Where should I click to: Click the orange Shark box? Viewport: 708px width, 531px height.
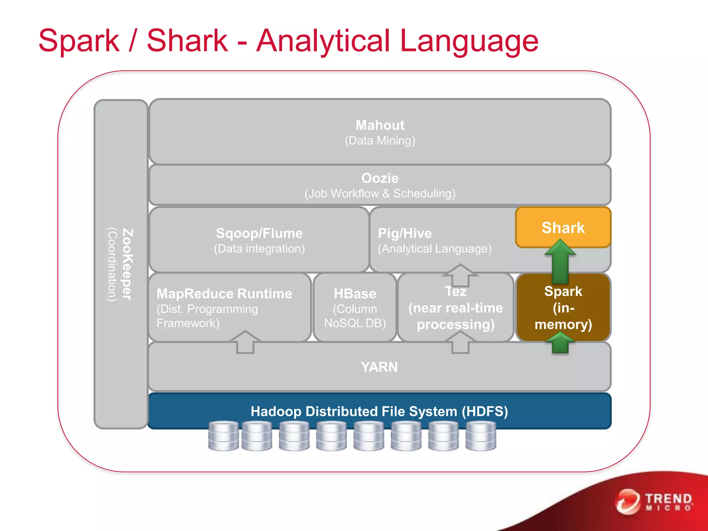(563, 227)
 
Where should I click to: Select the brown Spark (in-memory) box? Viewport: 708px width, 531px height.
(563, 308)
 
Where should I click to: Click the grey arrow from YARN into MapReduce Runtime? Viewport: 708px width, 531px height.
(245, 342)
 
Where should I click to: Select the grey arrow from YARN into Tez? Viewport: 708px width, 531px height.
(460, 342)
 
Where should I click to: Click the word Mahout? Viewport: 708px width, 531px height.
(380, 125)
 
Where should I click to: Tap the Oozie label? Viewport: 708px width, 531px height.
(380, 178)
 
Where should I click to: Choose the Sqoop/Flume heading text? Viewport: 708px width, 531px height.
(259, 233)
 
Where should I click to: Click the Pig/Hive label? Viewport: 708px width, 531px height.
(404, 233)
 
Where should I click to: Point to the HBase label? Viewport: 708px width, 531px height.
(355, 294)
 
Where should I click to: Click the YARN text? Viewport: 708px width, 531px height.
(379, 367)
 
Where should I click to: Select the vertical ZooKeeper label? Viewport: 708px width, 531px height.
(127, 264)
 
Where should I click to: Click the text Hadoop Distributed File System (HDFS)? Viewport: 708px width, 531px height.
(379, 411)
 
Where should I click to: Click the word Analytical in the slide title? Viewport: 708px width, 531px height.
(323, 41)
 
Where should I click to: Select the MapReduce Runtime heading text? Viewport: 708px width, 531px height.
(224, 294)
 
